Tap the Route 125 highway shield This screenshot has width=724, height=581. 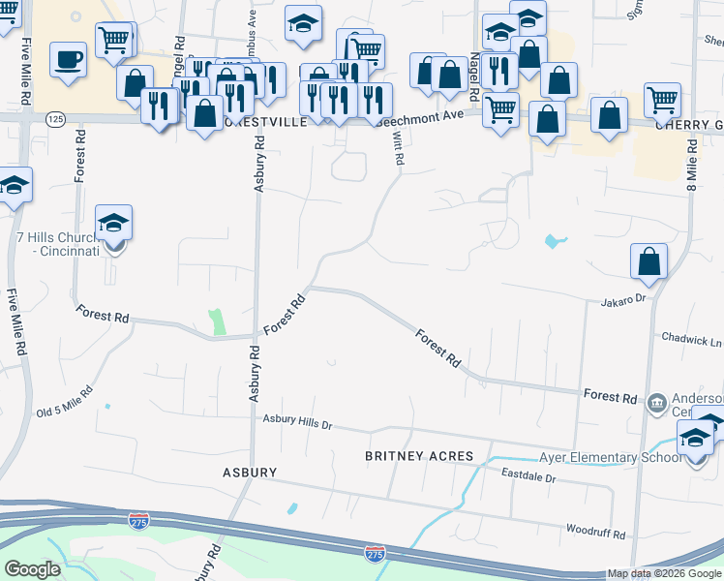53,118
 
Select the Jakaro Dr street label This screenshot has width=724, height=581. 621,299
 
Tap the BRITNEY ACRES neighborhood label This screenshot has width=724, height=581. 419,456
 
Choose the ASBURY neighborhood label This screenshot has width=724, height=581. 249,473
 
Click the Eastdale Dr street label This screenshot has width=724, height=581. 528,476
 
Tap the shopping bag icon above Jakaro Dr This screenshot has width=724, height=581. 649,260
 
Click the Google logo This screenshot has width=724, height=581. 32,569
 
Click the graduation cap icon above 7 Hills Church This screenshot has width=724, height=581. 113,224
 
